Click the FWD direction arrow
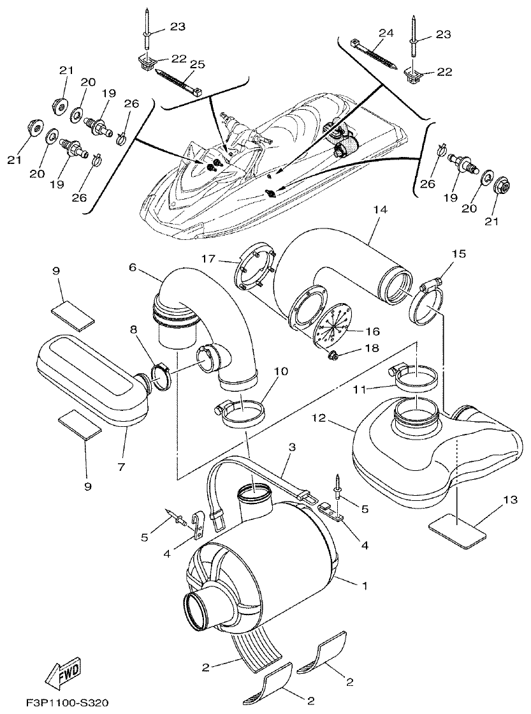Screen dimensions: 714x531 [x=62, y=673]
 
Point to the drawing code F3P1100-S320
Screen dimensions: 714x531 [x=58, y=703]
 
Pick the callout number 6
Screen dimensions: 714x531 [x=133, y=269]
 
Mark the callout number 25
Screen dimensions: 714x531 [x=198, y=64]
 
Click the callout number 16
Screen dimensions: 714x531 [x=373, y=332]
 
